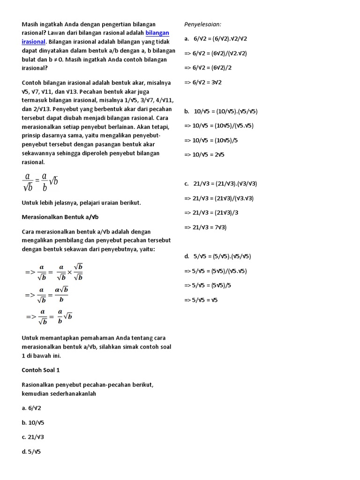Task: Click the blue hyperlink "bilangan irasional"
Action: coord(157,33)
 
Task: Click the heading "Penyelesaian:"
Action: coord(202,24)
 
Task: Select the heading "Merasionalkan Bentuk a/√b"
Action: coord(60,217)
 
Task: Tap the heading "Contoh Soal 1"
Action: coord(41,370)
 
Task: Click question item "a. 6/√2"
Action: coord(31,408)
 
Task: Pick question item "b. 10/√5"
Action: coord(33,422)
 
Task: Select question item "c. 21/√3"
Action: coord(33,437)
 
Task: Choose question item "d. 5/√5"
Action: coord(31,452)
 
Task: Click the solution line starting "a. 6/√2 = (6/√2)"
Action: coord(216,38)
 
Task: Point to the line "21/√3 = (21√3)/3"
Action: coord(211,212)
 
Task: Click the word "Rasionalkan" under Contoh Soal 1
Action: coord(39,384)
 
